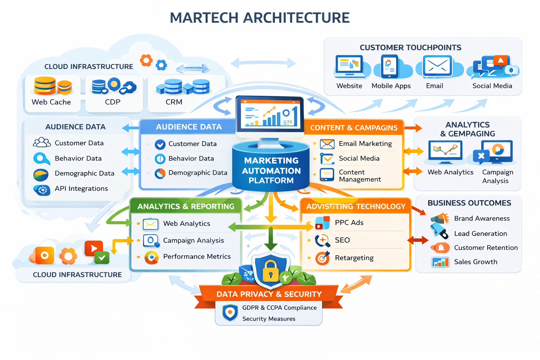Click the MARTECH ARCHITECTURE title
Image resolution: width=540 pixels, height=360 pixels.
coord(259,18)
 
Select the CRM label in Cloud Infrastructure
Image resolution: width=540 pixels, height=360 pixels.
coord(174,102)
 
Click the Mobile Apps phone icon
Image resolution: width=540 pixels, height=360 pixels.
coord(390,66)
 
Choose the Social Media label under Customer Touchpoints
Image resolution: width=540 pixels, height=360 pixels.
coord(492,86)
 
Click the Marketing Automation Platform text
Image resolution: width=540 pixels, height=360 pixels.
coord(271,171)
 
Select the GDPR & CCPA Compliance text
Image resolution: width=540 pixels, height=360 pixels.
coord(279,308)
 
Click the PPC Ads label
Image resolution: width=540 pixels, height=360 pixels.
coord(349,223)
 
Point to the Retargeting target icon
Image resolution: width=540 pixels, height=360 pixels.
coord(322,258)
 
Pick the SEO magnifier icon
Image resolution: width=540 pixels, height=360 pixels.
coord(322,240)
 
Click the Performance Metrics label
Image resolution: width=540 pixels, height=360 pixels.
coord(197,257)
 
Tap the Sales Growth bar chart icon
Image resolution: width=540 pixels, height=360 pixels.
coord(440,262)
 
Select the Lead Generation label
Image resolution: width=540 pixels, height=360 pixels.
coord(480,233)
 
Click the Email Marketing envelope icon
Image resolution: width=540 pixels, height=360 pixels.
coord(327,144)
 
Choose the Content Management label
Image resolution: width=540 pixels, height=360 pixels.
coord(359,176)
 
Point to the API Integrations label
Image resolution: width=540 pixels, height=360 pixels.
coord(81,188)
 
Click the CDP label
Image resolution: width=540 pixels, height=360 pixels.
coord(112,102)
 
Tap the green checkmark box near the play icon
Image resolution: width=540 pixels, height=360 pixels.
coord(102,258)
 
